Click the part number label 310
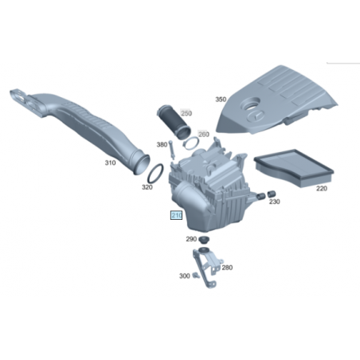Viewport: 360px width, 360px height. point(110,162)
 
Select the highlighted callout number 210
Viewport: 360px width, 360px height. point(176,215)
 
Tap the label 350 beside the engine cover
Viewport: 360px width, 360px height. point(221,100)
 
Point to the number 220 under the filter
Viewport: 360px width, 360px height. point(322,189)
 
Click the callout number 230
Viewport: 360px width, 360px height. point(275,202)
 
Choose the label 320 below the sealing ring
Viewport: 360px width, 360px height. point(147,187)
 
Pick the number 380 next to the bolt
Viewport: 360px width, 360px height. point(162,145)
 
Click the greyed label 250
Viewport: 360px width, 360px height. point(186,113)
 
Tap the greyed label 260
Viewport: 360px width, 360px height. point(204,135)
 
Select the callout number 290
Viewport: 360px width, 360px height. point(191,239)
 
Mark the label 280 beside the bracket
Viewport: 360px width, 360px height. point(227,268)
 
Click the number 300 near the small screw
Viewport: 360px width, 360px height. point(185,276)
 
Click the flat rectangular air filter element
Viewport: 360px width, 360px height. point(294,167)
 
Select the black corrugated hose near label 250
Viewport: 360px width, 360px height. point(174,122)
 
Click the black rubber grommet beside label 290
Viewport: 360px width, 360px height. point(204,240)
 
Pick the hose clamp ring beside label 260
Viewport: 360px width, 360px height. point(191,144)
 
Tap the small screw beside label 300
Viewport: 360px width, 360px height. point(196,276)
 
